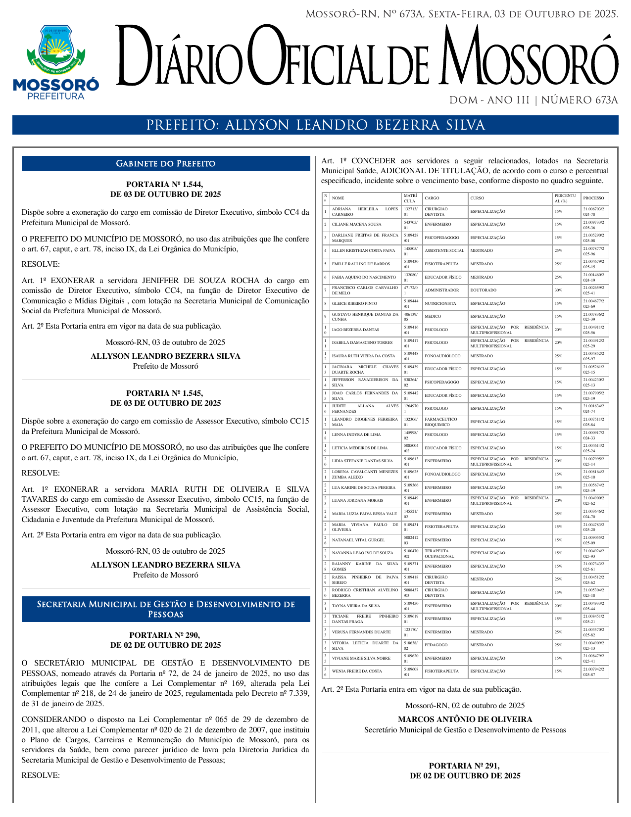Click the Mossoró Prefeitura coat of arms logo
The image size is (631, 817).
pyautogui.click(x=56, y=62)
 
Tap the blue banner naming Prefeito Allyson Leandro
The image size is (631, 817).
pyautogui.click(x=315, y=125)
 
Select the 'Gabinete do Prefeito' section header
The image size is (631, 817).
pyautogui.click(x=165, y=164)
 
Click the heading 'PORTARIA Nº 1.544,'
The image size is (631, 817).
pyautogui.click(x=165, y=184)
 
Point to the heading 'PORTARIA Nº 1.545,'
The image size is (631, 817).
pyautogui.click(x=165, y=393)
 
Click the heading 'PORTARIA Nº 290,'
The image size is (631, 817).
pyautogui.click(x=165, y=635)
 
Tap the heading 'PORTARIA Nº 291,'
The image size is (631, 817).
pyautogui.click(x=465, y=766)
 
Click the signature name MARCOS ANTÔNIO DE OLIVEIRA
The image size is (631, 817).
pyautogui.click(x=465, y=719)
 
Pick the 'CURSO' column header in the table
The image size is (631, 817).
pyautogui.click(x=478, y=198)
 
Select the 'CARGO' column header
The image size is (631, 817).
pyautogui.click(x=432, y=198)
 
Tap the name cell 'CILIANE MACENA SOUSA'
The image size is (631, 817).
pyautogui.click(x=356, y=225)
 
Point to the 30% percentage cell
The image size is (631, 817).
pyautogui.click(x=558, y=290)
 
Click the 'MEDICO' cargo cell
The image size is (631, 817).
pyautogui.click(x=433, y=317)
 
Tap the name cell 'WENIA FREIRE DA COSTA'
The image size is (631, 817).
pyautogui.click(x=357, y=672)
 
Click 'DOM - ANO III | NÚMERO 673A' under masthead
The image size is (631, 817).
pyautogui.click(x=534, y=100)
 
